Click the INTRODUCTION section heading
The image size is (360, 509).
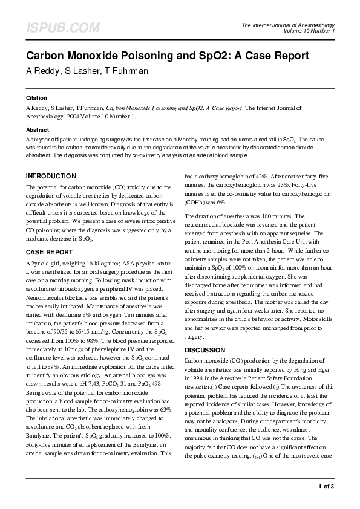(x=50, y=176)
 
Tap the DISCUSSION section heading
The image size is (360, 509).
(x=205, y=350)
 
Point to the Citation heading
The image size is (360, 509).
(x=36, y=97)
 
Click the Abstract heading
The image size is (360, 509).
(x=38, y=130)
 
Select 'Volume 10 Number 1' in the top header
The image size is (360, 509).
(x=308, y=31)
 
